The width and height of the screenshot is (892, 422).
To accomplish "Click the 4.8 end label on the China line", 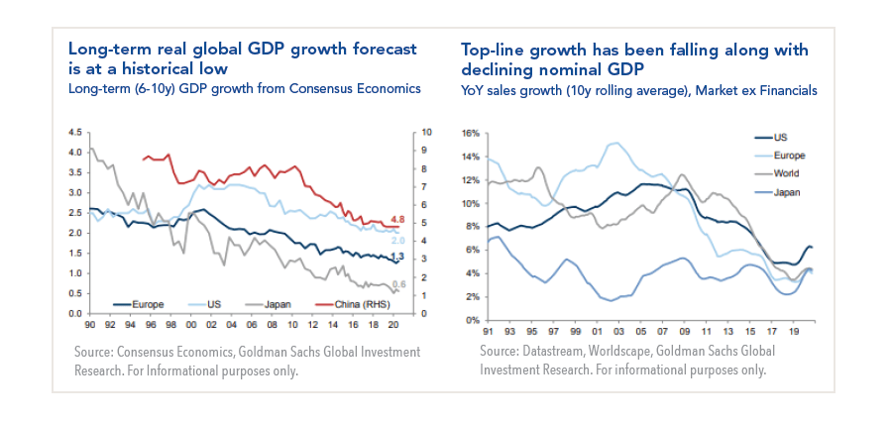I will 397,219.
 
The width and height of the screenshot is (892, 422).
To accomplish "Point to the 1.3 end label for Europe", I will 397,257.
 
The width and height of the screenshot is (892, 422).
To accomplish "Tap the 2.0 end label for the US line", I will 397,241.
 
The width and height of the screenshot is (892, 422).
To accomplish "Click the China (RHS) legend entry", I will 356,305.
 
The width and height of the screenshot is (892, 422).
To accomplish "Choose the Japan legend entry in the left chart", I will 282,305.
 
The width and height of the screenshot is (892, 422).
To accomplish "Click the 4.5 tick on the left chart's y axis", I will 74,133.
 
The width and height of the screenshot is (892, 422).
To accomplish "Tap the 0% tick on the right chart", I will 473,320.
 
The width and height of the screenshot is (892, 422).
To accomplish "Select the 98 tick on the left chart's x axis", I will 171,324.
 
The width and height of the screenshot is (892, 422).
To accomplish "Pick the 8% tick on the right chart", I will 473,227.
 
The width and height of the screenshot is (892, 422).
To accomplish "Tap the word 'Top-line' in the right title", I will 495,50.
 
